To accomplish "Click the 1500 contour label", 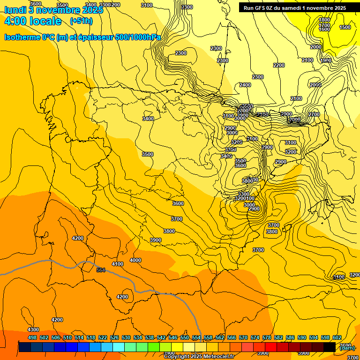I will click(345, 27).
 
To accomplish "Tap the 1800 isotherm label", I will click(324, 20).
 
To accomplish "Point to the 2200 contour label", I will click(279, 65).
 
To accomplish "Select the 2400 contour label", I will click(245, 85).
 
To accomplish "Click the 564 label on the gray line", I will click(100, 270).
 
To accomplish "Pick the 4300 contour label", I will click(34, 330).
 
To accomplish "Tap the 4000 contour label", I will click(135, 260).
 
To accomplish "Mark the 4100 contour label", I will click(118, 264).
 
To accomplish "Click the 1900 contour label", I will click(326, 60).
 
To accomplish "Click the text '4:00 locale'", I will click(33, 21).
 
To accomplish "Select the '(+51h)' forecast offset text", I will click(81, 21).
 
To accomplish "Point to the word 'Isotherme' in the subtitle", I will click(22, 37).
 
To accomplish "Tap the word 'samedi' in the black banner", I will click(293, 8).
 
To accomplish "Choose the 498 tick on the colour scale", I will click(32, 337).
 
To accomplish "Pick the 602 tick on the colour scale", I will click(337, 337).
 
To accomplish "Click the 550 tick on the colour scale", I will click(185, 337).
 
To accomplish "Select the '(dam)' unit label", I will click(347, 347).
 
